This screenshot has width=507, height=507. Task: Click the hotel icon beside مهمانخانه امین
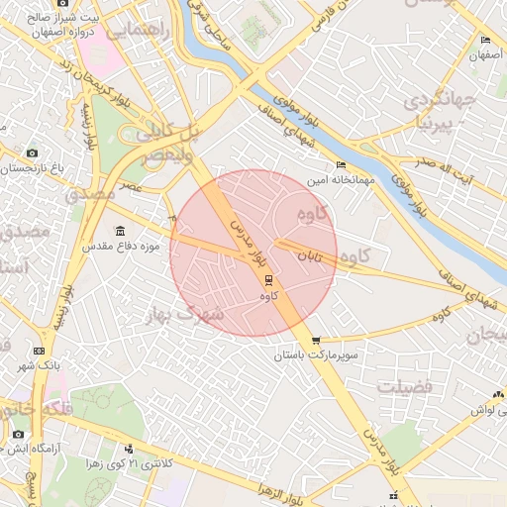tap(342, 164)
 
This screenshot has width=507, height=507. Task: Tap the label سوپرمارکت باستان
tap(315, 354)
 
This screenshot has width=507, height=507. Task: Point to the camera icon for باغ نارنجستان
tap(32, 153)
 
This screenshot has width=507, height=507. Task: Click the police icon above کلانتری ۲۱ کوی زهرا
tap(129, 450)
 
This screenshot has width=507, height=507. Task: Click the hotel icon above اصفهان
tap(484, 41)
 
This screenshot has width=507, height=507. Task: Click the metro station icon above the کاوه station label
tap(266, 281)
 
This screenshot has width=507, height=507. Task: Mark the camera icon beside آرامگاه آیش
tap(18, 434)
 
